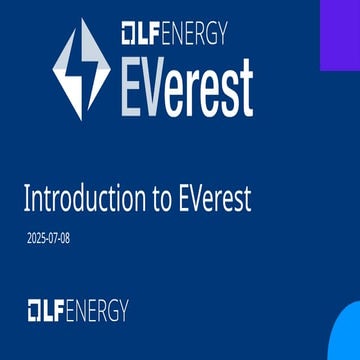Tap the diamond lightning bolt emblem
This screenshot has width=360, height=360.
click(x=82, y=69)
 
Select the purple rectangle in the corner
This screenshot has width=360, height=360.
click(x=340, y=35)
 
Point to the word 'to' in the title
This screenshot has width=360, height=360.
click(x=163, y=198)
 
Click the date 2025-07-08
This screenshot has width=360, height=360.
click(x=50, y=239)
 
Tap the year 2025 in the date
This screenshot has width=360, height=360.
click(x=39, y=239)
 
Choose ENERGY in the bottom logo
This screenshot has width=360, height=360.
click(x=96, y=310)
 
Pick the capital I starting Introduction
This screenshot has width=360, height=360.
click(x=26, y=198)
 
